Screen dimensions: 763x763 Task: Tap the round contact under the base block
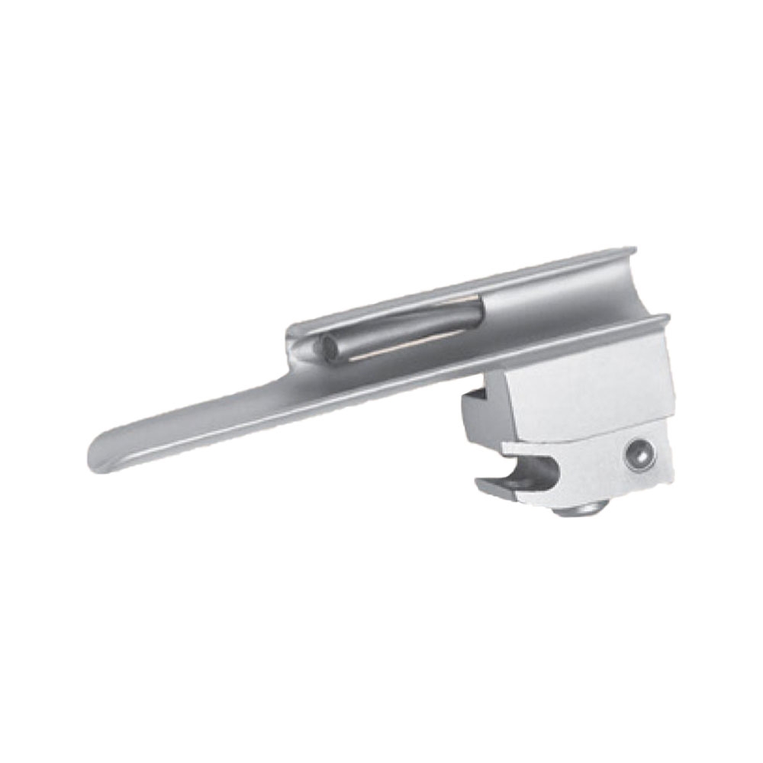(574, 509)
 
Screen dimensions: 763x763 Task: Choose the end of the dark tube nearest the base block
(477, 311)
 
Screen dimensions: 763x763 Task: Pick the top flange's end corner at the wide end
(634, 249)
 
